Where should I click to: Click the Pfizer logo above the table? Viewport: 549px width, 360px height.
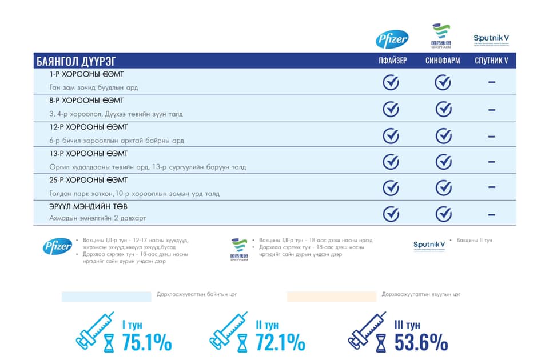click(392, 39)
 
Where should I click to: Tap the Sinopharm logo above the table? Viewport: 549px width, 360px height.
click(440, 36)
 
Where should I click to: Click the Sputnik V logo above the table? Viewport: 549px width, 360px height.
click(491, 39)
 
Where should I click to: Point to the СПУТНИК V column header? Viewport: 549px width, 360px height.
click(491, 61)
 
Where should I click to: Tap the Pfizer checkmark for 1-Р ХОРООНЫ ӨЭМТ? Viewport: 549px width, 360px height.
click(391, 82)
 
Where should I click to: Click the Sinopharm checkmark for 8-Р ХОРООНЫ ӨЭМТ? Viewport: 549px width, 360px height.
click(443, 109)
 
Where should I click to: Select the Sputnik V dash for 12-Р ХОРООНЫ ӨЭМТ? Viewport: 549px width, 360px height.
click(491, 137)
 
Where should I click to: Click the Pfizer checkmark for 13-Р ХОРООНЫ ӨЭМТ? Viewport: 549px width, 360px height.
click(391, 162)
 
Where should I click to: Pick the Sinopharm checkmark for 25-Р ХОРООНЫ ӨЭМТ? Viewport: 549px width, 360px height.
click(443, 187)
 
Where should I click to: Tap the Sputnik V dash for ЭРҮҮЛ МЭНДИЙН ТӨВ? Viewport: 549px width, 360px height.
click(491, 214)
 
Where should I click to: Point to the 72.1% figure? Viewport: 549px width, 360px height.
click(280, 342)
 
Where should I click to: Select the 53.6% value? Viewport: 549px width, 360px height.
click(421, 342)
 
